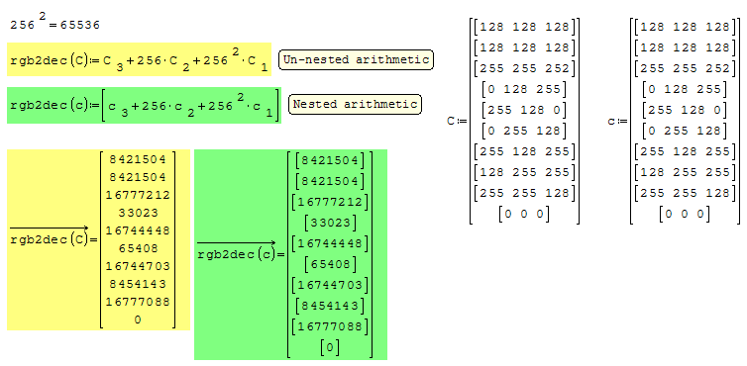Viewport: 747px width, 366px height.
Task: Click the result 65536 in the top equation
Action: coord(80,26)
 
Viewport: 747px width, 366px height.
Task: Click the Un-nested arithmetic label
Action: coord(356,60)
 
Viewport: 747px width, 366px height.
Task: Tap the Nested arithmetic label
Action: coord(355,104)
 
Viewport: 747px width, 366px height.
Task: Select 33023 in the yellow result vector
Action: coord(138,213)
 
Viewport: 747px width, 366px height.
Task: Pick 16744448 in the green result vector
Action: coord(330,243)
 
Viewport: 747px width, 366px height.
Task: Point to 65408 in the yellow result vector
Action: coord(138,248)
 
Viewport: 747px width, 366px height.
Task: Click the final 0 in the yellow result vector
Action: coord(138,320)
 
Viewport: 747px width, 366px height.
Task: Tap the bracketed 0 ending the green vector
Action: coord(330,347)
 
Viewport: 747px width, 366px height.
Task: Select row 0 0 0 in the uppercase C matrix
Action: coord(524,214)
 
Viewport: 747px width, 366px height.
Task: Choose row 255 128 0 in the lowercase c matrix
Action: coord(685,111)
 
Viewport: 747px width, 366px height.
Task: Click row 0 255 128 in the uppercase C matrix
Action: coord(524,131)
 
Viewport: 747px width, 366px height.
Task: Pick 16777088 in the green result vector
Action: coord(330,326)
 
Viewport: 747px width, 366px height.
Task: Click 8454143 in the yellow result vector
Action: coord(138,284)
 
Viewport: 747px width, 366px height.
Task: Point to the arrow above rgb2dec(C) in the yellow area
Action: coord(50,229)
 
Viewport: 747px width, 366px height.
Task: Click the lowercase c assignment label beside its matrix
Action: coord(617,122)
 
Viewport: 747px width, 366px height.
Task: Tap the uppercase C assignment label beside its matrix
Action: coord(457,122)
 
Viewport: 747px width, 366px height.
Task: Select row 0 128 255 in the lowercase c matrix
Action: coord(685,89)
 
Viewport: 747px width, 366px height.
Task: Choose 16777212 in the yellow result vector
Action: coord(138,195)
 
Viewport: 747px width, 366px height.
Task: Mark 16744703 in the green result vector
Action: coord(330,285)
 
